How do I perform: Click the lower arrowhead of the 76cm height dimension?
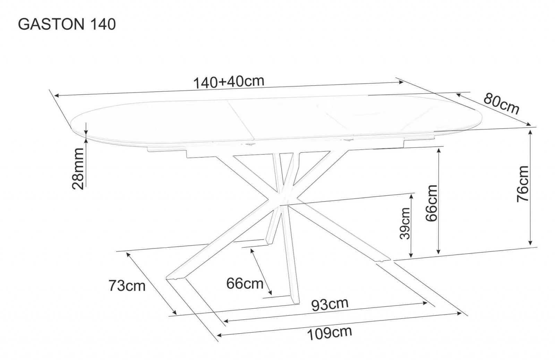(x=530, y=243)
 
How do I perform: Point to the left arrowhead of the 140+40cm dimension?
(x=57, y=95)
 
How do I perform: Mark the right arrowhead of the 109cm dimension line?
(x=459, y=314)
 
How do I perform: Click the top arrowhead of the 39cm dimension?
(x=411, y=197)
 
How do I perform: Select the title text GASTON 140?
(x=67, y=25)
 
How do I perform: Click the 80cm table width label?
(x=501, y=104)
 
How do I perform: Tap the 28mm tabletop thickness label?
(x=78, y=169)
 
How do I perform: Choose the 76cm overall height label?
(x=523, y=184)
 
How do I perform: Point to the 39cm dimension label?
(x=405, y=223)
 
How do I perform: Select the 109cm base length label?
(x=330, y=334)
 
